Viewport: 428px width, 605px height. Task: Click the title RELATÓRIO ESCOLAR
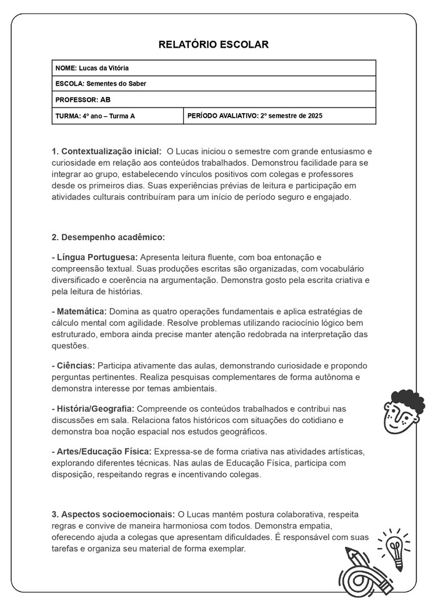(214, 44)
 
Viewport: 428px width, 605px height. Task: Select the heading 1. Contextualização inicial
(106, 151)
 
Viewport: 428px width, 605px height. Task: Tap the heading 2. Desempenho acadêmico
(108, 237)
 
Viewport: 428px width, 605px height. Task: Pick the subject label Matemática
(79, 312)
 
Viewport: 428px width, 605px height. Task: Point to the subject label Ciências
(73, 365)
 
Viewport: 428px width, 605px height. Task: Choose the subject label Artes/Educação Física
(101, 451)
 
